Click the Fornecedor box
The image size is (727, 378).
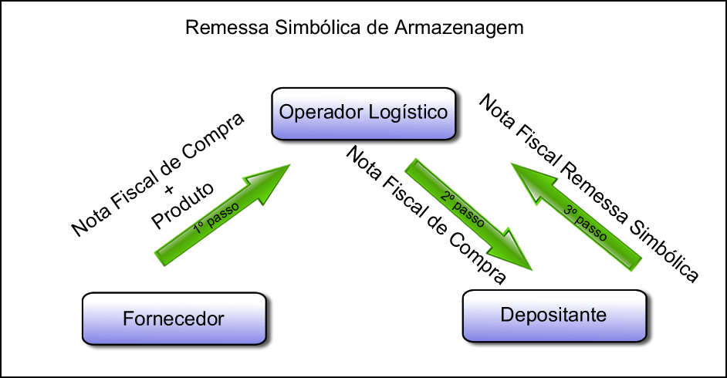pos(173,318)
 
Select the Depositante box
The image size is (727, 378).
pos(553,315)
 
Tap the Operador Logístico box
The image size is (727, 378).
pos(363,113)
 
